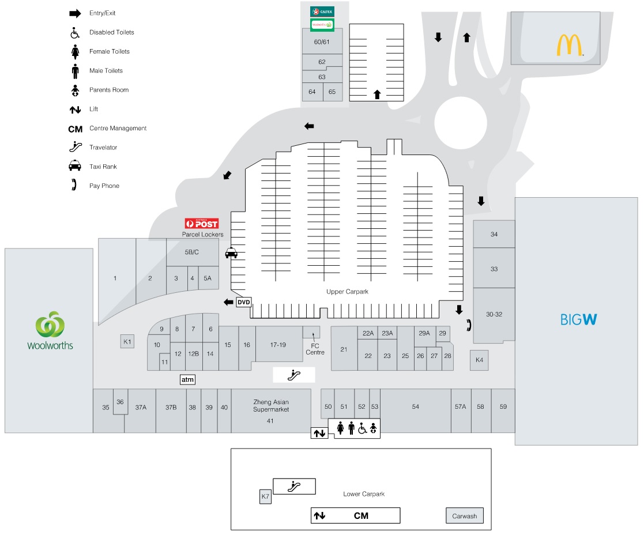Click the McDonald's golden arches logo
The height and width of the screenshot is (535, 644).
[x=569, y=46]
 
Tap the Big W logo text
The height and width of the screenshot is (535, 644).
[x=578, y=319]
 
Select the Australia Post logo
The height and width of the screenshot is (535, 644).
[x=201, y=224]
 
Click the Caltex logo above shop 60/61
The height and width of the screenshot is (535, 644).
[x=322, y=12]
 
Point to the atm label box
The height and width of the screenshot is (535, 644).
[x=188, y=379]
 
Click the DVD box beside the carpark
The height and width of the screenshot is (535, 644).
[x=244, y=302]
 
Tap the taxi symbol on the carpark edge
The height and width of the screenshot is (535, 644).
[x=231, y=253]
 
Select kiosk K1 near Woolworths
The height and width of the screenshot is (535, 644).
[x=127, y=342]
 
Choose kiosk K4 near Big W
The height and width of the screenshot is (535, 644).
[x=479, y=360]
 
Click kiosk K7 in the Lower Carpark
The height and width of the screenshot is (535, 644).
[x=265, y=496]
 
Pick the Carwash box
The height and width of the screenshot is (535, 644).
[x=465, y=516]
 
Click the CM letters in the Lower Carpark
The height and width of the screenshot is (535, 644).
[x=361, y=515]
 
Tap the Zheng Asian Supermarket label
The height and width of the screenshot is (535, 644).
[x=271, y=405]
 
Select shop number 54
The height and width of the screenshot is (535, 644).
[x=416, y=407]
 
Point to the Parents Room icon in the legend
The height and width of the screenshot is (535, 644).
[x=74, y=90]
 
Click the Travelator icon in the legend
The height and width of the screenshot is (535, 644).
[x=74, y=148]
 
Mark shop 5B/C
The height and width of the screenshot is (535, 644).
[x=191, y=252]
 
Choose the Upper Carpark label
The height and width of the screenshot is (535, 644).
[x=347, y=292]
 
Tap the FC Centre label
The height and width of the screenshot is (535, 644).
[x=315, y=349]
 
